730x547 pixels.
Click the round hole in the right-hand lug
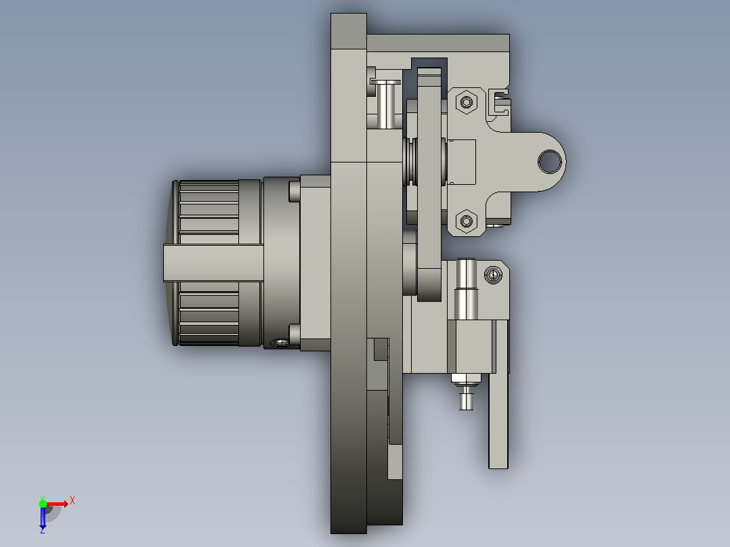click(550, 161)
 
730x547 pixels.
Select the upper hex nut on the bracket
click(467, 102)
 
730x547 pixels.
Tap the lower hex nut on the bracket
click(467, 221)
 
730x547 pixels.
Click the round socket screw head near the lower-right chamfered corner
click(494, 275)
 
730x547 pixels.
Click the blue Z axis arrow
click(43, 517)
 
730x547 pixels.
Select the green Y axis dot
click(43, 504)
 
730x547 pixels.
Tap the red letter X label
click(72, 501)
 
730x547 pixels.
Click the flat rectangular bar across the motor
click(213, 263)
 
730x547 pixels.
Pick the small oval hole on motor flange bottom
click(280, 343)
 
